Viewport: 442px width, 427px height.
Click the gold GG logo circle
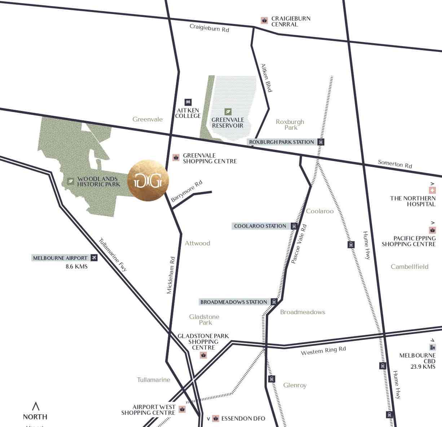pos(148,181)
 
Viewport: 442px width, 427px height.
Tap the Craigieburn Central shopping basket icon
pos(264,21)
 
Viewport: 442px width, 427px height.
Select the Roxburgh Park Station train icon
pos(320,142)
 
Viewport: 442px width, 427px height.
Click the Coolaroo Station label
pos(260,226)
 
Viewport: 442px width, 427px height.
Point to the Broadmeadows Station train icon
pos(274,302)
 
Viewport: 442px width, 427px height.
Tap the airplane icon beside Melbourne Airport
pos(94,258)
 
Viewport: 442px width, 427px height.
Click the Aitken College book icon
pos(188,102)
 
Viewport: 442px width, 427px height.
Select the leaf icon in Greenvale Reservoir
pos(228,111)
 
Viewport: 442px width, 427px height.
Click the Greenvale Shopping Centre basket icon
pos(176,157)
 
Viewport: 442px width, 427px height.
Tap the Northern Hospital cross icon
pos(432,190)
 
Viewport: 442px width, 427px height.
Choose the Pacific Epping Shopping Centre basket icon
pos(432,230)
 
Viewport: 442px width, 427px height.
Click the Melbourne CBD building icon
pos(432,347)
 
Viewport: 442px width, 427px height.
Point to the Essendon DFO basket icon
pos(215,418)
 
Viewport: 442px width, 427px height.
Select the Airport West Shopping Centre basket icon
pos(182,410)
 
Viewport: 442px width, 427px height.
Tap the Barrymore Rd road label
pos(187,191)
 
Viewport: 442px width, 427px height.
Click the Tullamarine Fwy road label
pos(113,254)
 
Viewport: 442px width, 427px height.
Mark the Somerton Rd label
pos(395,164)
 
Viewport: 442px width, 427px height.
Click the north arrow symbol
pos(35,406)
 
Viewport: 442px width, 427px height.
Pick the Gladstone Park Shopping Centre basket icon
pos(204,355)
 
